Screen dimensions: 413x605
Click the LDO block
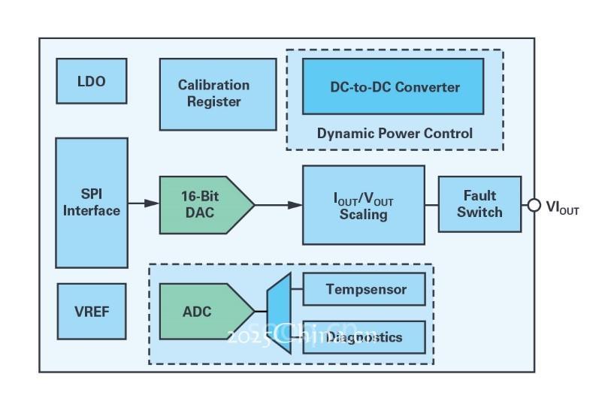[x=92, y=81]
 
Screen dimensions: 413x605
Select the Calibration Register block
[x=217, y=94]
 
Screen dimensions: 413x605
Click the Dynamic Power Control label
[x=395, y=134]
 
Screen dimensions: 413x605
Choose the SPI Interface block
[x=92, y=203]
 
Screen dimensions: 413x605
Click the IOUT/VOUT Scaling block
[x=363, y=205]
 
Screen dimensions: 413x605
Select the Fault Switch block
[x=479, y=203]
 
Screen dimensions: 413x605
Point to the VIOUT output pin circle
[x=534, y=205]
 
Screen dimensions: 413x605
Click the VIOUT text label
[x=563, y=206]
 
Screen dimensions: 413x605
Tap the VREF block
[x=92, y=312]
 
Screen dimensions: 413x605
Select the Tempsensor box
[x=365, y=289]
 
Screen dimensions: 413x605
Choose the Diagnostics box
[x=365, y=337]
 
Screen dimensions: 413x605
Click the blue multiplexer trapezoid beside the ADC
[x=280, y=312]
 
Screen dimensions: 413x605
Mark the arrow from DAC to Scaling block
[x=278, y=204]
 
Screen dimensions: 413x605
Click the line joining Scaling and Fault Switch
[x=431, y=204]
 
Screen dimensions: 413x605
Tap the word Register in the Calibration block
[x=214, y=102]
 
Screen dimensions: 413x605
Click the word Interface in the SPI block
[x=92, y=211]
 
